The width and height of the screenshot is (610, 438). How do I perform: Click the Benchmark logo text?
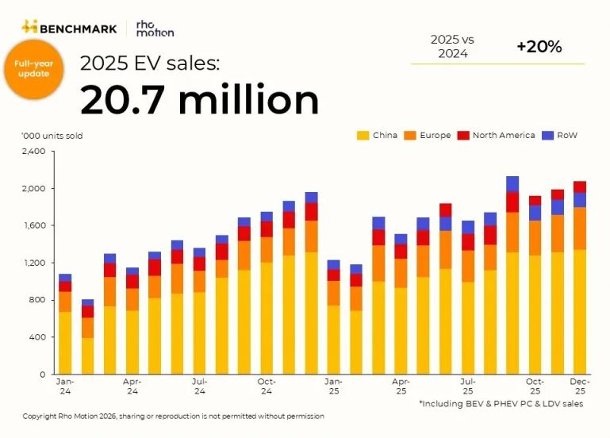coord(77,29)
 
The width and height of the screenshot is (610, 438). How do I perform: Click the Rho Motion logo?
coord(155,29)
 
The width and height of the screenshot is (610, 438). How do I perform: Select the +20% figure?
coord(539,47)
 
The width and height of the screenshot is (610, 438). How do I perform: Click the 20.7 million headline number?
coord(200,101)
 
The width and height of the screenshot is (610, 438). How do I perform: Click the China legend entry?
coord(378,136)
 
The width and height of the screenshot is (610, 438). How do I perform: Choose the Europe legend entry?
coord(428,136)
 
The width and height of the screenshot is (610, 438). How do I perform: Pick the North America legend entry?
coord(497,136)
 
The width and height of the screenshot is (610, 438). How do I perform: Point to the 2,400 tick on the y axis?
coord(34,152)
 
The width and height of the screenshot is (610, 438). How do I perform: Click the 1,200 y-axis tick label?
coord(34,263)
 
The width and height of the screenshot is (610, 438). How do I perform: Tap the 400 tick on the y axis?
coord(38,337)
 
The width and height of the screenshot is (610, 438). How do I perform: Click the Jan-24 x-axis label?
coord(65,386)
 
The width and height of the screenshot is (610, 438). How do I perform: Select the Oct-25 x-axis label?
coord(535,386)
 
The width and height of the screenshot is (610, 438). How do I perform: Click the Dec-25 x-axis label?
coord(580,386)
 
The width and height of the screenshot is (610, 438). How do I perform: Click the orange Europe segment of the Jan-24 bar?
coord(65,302)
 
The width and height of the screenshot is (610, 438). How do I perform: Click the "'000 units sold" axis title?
coord(52,136)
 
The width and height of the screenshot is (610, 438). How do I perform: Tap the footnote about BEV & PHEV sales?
coord(501,404)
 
